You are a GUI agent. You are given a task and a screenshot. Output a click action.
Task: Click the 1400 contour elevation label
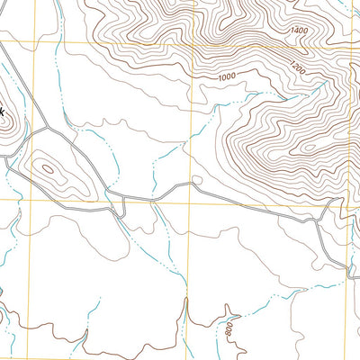[x=299, y=31]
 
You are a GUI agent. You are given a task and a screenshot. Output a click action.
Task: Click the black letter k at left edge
[x=3, y=111]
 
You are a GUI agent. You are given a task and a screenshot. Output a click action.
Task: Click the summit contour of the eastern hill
[x=310, y=147]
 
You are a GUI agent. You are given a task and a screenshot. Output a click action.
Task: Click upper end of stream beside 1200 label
[x=324, y=83]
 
